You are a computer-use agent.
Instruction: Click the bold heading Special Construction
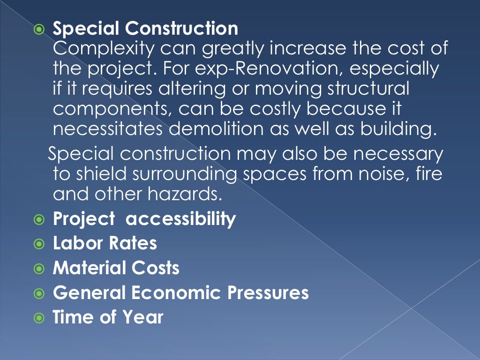(145, 29)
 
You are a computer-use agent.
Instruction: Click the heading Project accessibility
(144, 219)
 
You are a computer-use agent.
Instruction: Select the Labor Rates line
(105, 243)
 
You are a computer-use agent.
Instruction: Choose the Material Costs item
(116, 268)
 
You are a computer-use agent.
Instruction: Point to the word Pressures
(268, 292)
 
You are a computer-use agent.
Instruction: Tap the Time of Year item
(108, 317)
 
